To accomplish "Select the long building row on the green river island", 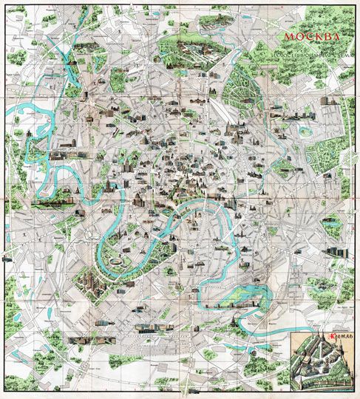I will click(221, 302).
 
